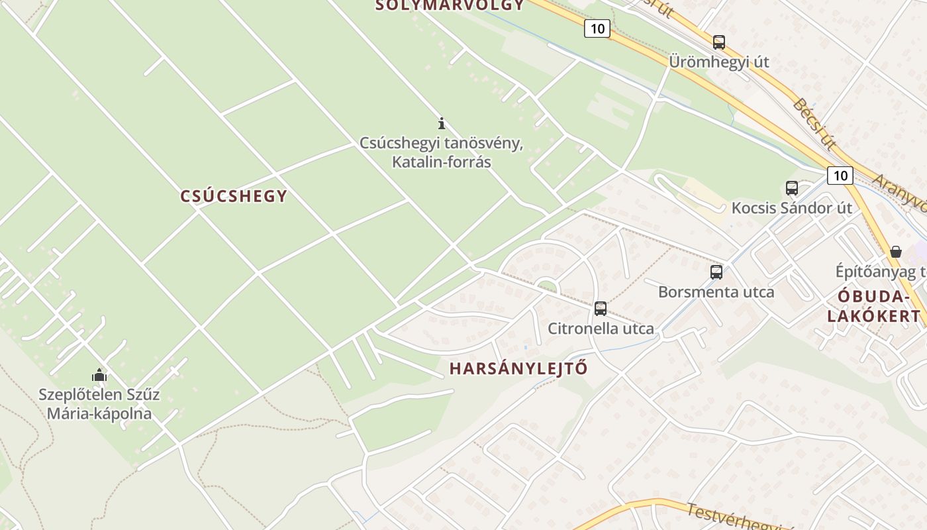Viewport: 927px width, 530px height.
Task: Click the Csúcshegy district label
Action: click(x=234, y=196)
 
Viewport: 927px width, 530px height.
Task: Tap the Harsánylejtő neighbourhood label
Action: click(x=518, y=369)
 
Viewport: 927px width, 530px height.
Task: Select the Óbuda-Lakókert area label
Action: click(x=874, y=306)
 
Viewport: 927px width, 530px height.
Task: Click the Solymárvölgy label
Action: click(x=450, y=6)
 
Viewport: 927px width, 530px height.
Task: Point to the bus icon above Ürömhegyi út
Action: click(x=719, y=42)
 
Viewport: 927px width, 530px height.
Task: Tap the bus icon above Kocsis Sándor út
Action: click(x=792, y=188)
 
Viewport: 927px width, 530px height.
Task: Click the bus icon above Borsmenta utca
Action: click(x=716, y=272)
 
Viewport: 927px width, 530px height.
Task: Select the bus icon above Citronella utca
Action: click(x=601, y=308)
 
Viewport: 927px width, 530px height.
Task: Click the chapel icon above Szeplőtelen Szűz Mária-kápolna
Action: click(x=99, y=376)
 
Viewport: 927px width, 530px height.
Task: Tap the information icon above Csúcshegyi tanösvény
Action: click(x=442, y=123)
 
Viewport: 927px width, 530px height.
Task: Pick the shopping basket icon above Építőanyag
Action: click(x=896, y=252)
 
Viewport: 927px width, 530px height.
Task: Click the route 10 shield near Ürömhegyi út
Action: click(x=597, y=28)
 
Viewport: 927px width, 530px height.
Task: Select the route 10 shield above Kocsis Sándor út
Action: click(x=840, y=176)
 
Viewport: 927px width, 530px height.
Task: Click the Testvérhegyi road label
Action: click(x=728, y=516)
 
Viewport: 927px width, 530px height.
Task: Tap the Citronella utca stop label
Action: click(x=601, y=329)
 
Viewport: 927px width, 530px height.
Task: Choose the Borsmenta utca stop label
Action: click(x=716, y=291)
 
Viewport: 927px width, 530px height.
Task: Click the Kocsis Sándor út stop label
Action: click(x=791, y=208)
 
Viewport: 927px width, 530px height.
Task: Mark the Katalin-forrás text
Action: click(x=442, y=161)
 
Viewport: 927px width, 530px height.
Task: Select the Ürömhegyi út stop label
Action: click(x=718, y=62)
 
